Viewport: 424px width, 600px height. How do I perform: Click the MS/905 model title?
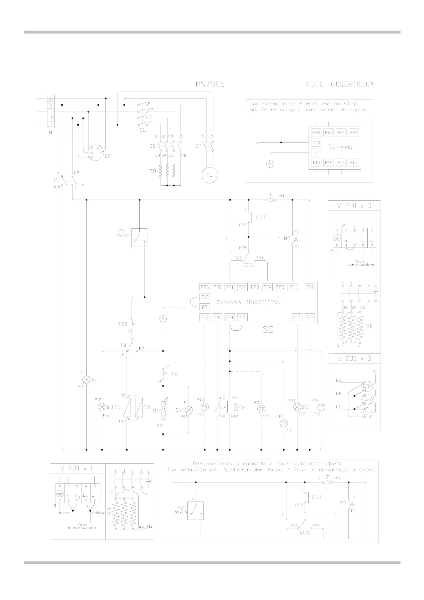tap(210, 84)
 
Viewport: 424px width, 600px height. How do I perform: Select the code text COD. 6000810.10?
tap(339, 84)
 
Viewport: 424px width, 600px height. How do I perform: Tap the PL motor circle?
tap(210, 175)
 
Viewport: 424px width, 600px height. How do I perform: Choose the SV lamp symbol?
tap(188, 410)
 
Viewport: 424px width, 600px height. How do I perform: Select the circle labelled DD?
tap(284, 423)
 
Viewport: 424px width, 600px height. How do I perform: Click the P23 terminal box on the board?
tap(255, 287)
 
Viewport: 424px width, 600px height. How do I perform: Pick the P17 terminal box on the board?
tap(297, 317)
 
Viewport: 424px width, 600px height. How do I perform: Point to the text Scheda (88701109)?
tap(249, 302)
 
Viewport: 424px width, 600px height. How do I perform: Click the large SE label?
tap(268, 330)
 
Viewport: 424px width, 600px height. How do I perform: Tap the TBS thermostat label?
tap(123, 324)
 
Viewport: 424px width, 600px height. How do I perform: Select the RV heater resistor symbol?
tap(165, 410)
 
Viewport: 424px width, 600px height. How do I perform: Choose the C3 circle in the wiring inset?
tap(366, 386)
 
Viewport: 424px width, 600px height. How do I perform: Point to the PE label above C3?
tap(374, 371)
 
